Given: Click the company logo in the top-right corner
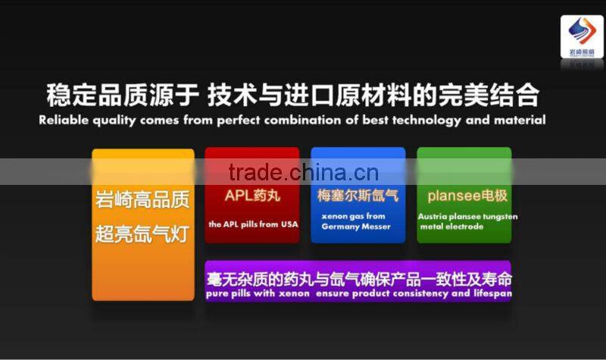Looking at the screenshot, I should click(x=582, y=37).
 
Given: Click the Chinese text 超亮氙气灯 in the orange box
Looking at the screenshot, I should click(x=142, y=234).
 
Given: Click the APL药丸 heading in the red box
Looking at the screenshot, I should click(x=251, y=196).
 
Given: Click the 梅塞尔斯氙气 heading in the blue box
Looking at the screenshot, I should click(x=358, y=196).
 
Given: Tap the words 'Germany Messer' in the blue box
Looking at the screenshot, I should click(x=356, y=227).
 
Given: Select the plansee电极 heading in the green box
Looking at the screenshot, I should click(x=467, y=196).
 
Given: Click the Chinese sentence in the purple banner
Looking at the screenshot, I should click(x=358, y=278).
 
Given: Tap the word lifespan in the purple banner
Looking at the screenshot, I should click(x=492, y=293).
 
